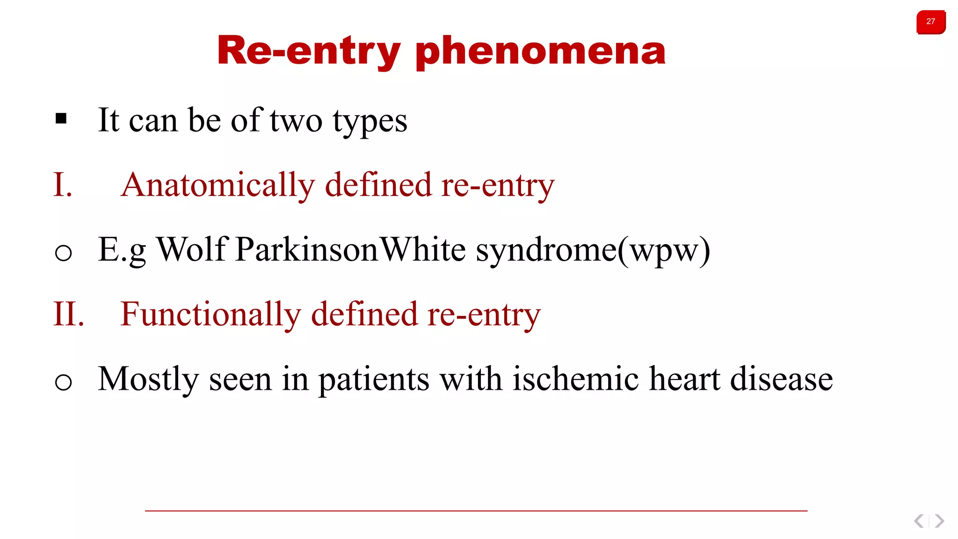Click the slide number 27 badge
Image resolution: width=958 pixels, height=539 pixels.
930,22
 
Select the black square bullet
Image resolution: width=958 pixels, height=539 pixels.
61,119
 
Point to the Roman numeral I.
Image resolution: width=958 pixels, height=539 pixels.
62,185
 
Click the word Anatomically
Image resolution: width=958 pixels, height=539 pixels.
218,185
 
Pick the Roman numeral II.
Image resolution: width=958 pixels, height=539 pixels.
68,314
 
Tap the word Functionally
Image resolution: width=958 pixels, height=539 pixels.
210,314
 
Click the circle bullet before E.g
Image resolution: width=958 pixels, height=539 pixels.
63,253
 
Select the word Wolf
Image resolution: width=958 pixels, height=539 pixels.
192,249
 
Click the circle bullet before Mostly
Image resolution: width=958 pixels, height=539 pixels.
63,382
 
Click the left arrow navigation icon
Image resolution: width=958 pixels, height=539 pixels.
919,521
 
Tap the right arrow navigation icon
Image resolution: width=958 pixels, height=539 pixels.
939,521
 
